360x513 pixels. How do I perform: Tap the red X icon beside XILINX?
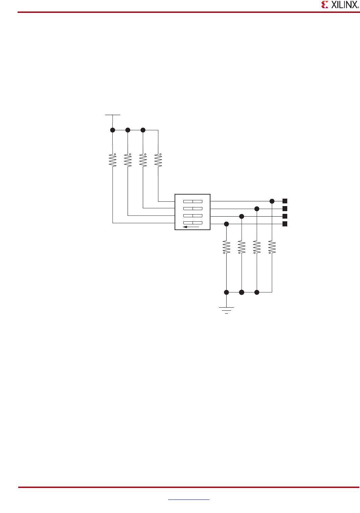click(x=325, y=5)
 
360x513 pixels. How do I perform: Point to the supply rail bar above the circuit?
click(x=112, y=115)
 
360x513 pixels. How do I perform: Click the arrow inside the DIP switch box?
click(x=191, y=227)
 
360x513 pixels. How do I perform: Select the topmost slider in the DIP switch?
click(x=193, y=201)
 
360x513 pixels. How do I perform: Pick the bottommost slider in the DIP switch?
click(x=193, y=223)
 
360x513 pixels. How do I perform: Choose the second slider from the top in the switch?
click(x=193, y=208)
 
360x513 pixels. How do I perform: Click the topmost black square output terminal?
click(x=285, y=201)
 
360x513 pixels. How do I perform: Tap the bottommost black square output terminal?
click(x=285, y=224)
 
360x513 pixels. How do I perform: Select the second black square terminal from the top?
click(x=285, y=208)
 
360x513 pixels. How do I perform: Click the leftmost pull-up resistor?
click(x=113, y=160)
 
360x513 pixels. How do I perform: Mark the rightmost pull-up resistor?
click(x=158, y=160)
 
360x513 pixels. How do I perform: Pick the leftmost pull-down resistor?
click(x=226, y=247)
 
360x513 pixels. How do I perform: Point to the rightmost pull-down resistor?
click(x=272, y=247)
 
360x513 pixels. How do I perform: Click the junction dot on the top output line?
click(x=272, y=201)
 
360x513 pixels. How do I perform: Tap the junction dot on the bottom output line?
click(x=227, y=224)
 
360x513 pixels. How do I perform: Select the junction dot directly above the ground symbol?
click(x=227, y=292)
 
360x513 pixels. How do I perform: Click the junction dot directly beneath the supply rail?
click(x=113, y=130)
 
